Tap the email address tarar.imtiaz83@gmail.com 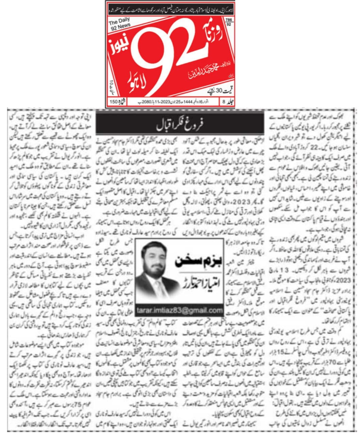[179, 310]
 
